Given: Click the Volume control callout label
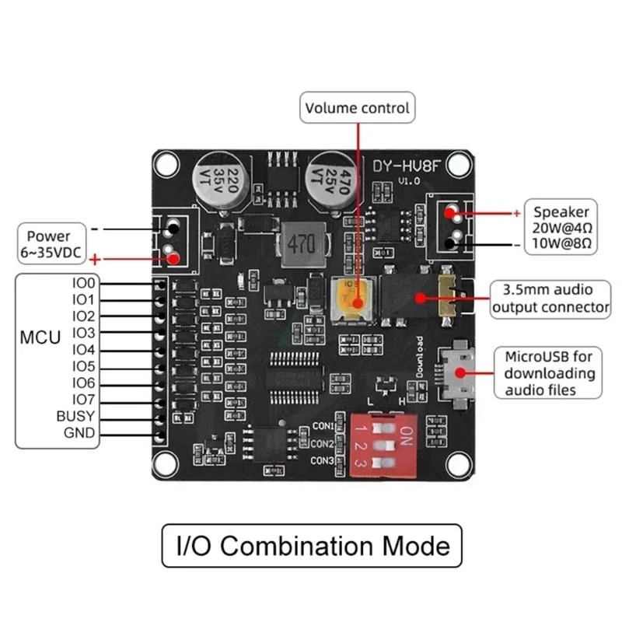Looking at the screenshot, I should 358,108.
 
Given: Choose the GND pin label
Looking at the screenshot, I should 80,433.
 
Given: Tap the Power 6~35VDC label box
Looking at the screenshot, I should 48,243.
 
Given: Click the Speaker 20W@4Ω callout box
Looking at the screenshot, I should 561,227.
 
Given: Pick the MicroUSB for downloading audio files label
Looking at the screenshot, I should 550,373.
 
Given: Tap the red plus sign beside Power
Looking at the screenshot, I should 96,260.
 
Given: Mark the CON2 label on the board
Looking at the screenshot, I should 322,444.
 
